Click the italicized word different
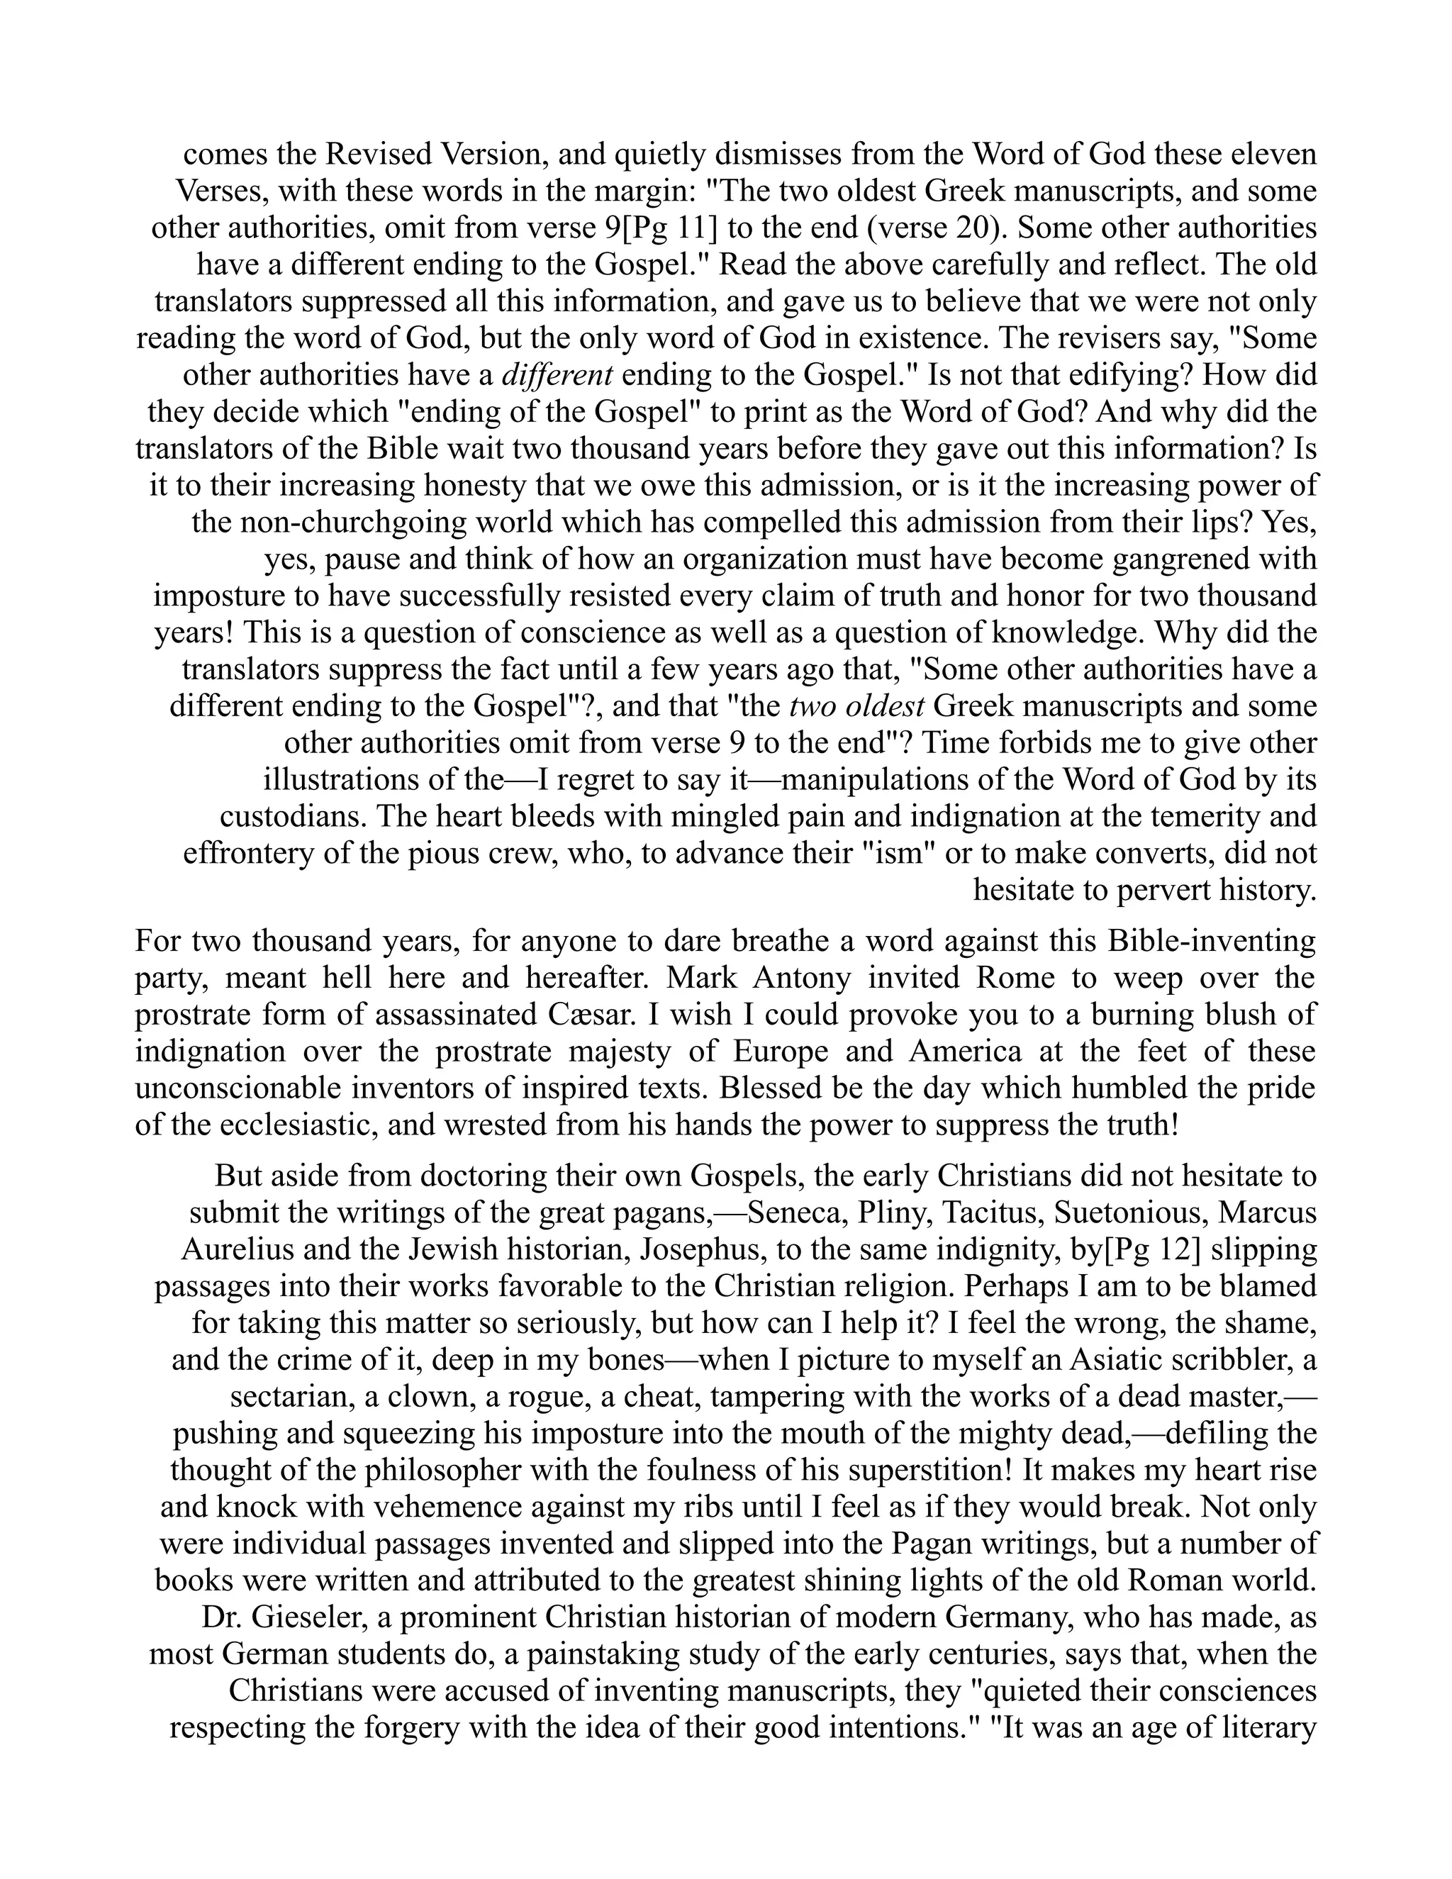tap(557, 376)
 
